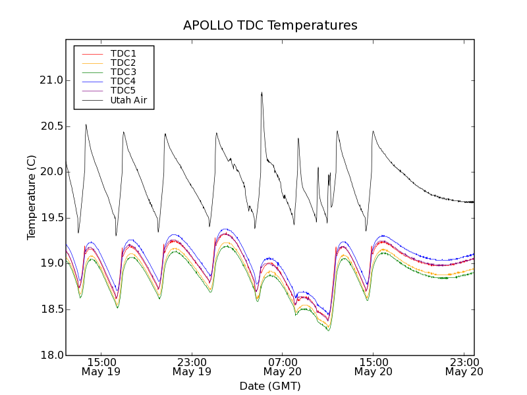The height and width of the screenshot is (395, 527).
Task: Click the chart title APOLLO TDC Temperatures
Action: tap(270, 26)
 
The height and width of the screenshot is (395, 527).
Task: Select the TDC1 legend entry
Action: tap(123, 53)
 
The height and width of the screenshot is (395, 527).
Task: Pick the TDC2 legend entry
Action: tap(123, 63)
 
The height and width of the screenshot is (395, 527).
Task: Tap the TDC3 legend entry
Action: tap(123, 72)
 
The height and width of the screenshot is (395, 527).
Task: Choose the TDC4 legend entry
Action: tap(123, 81)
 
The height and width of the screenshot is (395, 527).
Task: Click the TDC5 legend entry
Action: tap(123, 90)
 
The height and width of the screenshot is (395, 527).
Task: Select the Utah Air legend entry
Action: tap(128, 100)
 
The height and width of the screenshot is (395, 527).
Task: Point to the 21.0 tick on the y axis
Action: tap(51, 80)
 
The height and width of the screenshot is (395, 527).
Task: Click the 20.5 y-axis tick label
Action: tap(51, 126)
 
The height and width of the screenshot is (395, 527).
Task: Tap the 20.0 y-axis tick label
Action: tap(51, 172)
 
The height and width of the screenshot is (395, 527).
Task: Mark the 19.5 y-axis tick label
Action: tap(51, 218)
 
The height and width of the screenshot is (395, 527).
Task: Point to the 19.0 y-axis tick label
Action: tap(51, 263)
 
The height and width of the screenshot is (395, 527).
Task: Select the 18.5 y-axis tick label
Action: tap(51, 309)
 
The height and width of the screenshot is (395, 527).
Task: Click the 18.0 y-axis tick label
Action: tap(51, 355)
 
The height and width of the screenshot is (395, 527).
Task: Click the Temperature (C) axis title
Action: tap(32, 197)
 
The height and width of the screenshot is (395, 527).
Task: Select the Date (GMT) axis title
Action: tap(270, 386)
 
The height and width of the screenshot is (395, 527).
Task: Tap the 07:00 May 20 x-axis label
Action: tap(283, 367)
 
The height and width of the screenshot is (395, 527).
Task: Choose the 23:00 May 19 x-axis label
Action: tap(192, 367)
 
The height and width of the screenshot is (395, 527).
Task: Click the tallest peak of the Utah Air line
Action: tap(262, 93)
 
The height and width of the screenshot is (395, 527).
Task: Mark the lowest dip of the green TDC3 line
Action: tap(328, 330)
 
